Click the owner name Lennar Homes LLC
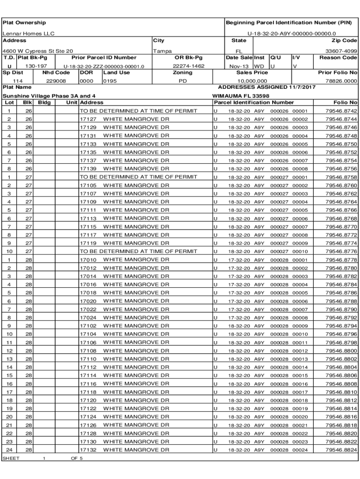pyautogui.click(x=29, y=34)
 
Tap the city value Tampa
pyautogui.click(x=163, y=51)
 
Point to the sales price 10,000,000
pyautogui.click(x=252, y=81)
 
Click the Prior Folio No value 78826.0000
pyautogui.click(x=341, y=81)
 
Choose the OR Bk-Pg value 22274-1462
pyautogui.click(x=188, y=66)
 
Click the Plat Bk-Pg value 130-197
pyautogui.click(x=36, y=66)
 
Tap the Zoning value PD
pyautogui.click(x=183, y=81)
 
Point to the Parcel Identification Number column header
pyautogui.click(x=254, y=102)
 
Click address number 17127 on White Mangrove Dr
pyautogui.click(x=88, y=119)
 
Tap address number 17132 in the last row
pyautogui.click(x=88, y=450)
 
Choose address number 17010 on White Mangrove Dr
pyautogui.click(x=88, y=260)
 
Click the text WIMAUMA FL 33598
pyautogui.click(x=241, y=96)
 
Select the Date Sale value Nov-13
pyautogui.click(x=238, y=66)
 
